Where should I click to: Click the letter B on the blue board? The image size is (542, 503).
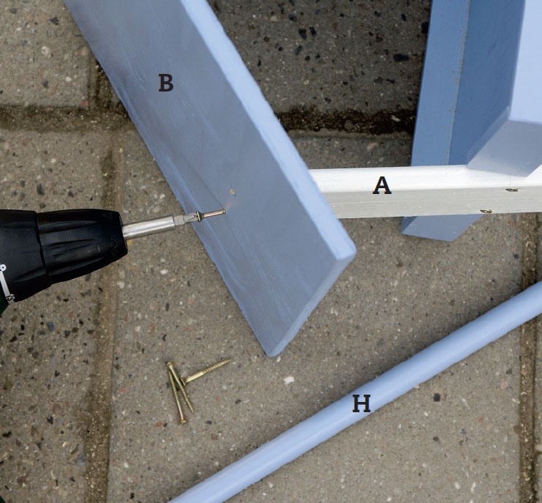166,83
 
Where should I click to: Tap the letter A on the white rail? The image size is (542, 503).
382,185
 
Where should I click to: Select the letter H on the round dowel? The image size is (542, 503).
361,403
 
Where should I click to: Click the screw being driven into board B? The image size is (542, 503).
211,215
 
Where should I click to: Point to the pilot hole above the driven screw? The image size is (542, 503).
233,191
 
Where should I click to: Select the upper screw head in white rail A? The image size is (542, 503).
511,190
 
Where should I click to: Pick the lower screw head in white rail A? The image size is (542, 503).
486,211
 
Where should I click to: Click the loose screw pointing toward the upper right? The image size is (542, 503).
206,372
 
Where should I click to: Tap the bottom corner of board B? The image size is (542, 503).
271,354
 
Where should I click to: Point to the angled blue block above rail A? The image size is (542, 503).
505,147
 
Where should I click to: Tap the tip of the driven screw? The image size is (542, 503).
225,211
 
